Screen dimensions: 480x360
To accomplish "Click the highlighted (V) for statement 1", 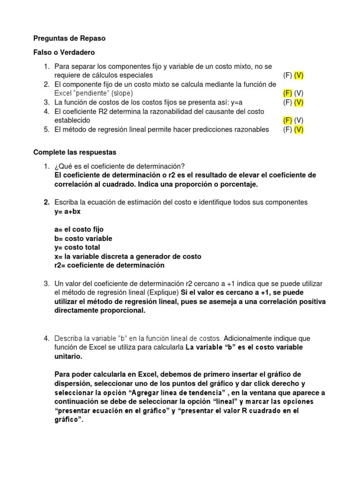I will [x=299, y=75].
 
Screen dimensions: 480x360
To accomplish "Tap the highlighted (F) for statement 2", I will [x=287, y=93].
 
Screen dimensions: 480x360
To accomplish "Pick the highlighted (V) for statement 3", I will [x=299, y=102].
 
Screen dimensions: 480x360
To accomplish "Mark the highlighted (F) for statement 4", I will [x=287, y=120].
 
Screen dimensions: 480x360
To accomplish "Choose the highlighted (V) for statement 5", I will [x=299, y=129].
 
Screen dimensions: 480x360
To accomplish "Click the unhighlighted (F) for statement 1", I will [x=287, y=75].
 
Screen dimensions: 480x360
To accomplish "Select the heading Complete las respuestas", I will [x=75, y=152].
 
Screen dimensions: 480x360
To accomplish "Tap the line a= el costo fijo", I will [x=79, y=230].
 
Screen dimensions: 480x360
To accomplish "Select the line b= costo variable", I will [x=83, y=239].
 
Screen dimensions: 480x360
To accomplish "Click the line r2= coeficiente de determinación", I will [x=109, y=265].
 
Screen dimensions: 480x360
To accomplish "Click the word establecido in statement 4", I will [x=72, y=120].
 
